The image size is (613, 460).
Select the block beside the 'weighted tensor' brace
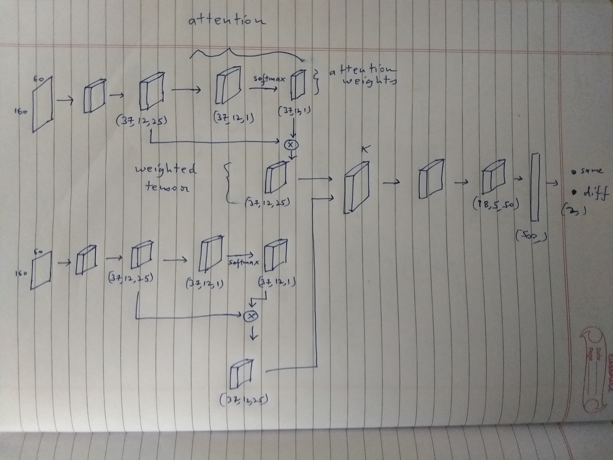pos(276,178)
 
